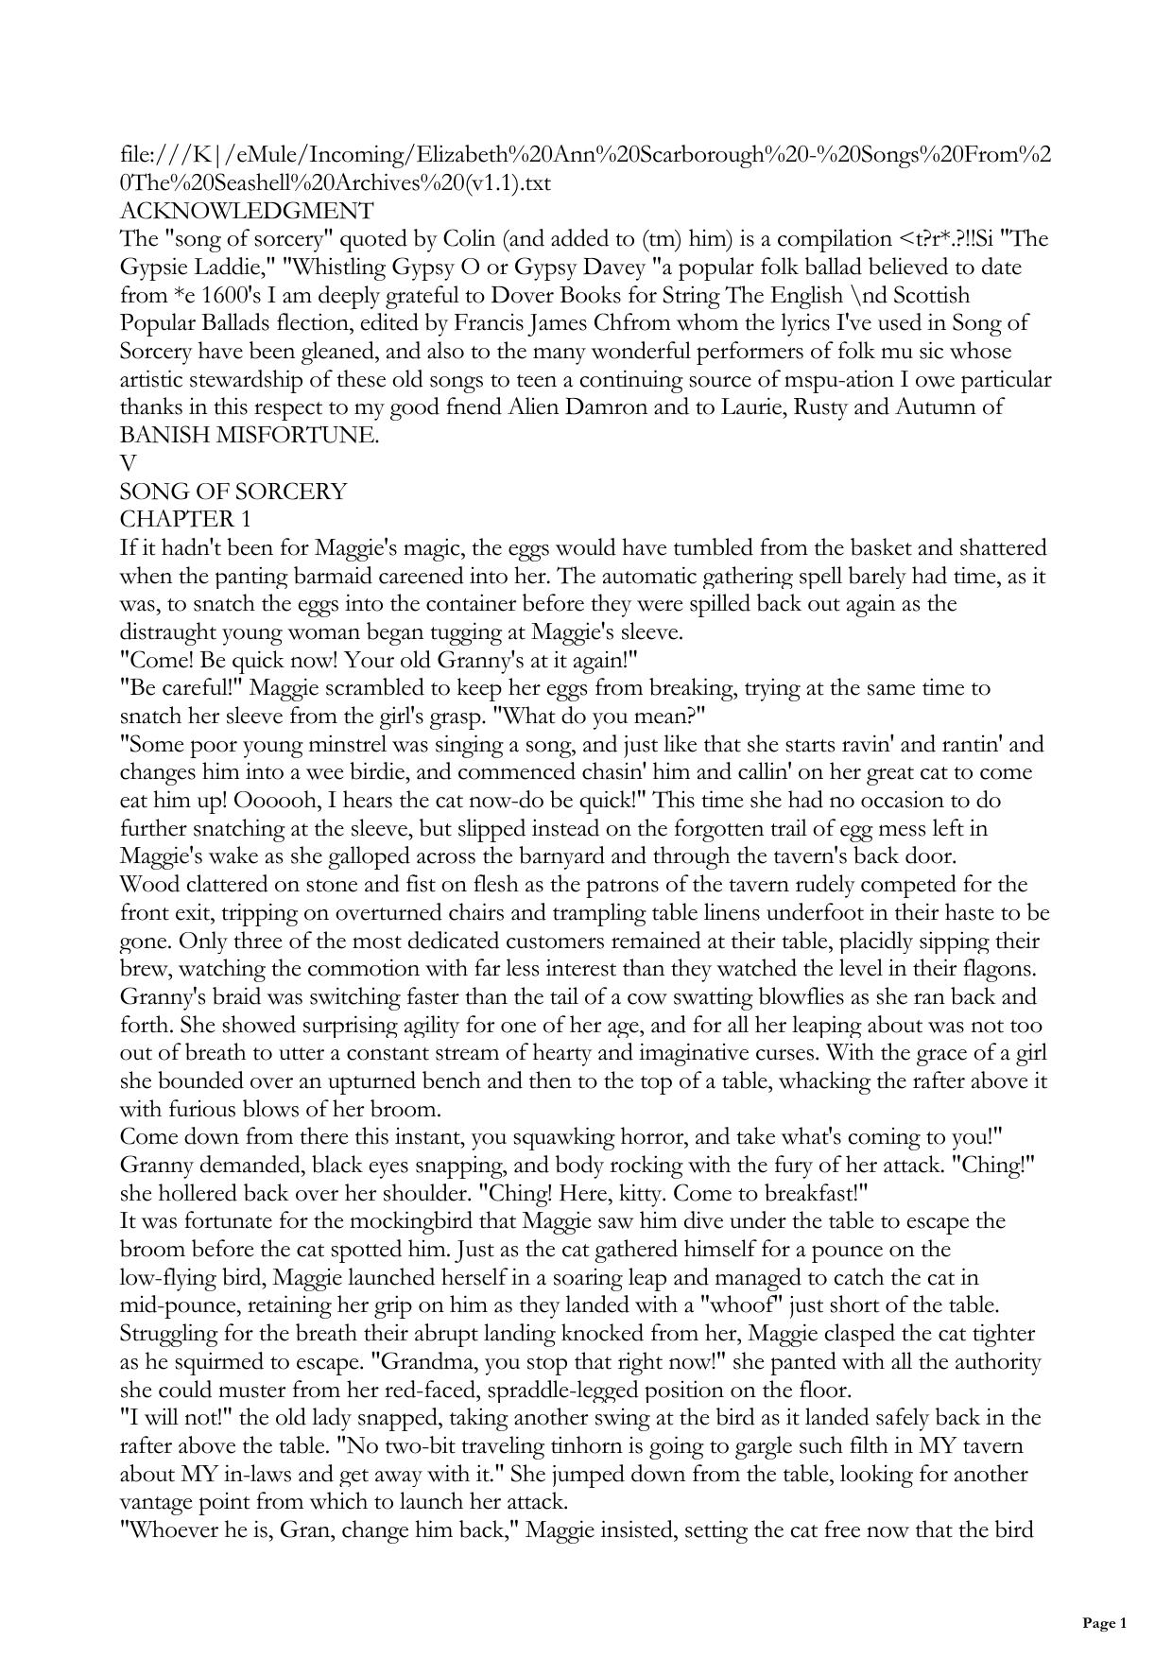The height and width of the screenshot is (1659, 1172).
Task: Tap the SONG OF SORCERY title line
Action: tap(233, 492)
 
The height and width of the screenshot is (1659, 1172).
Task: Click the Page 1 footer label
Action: tap(1104, 1623)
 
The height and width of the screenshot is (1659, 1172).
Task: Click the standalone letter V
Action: tap(129, 463)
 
